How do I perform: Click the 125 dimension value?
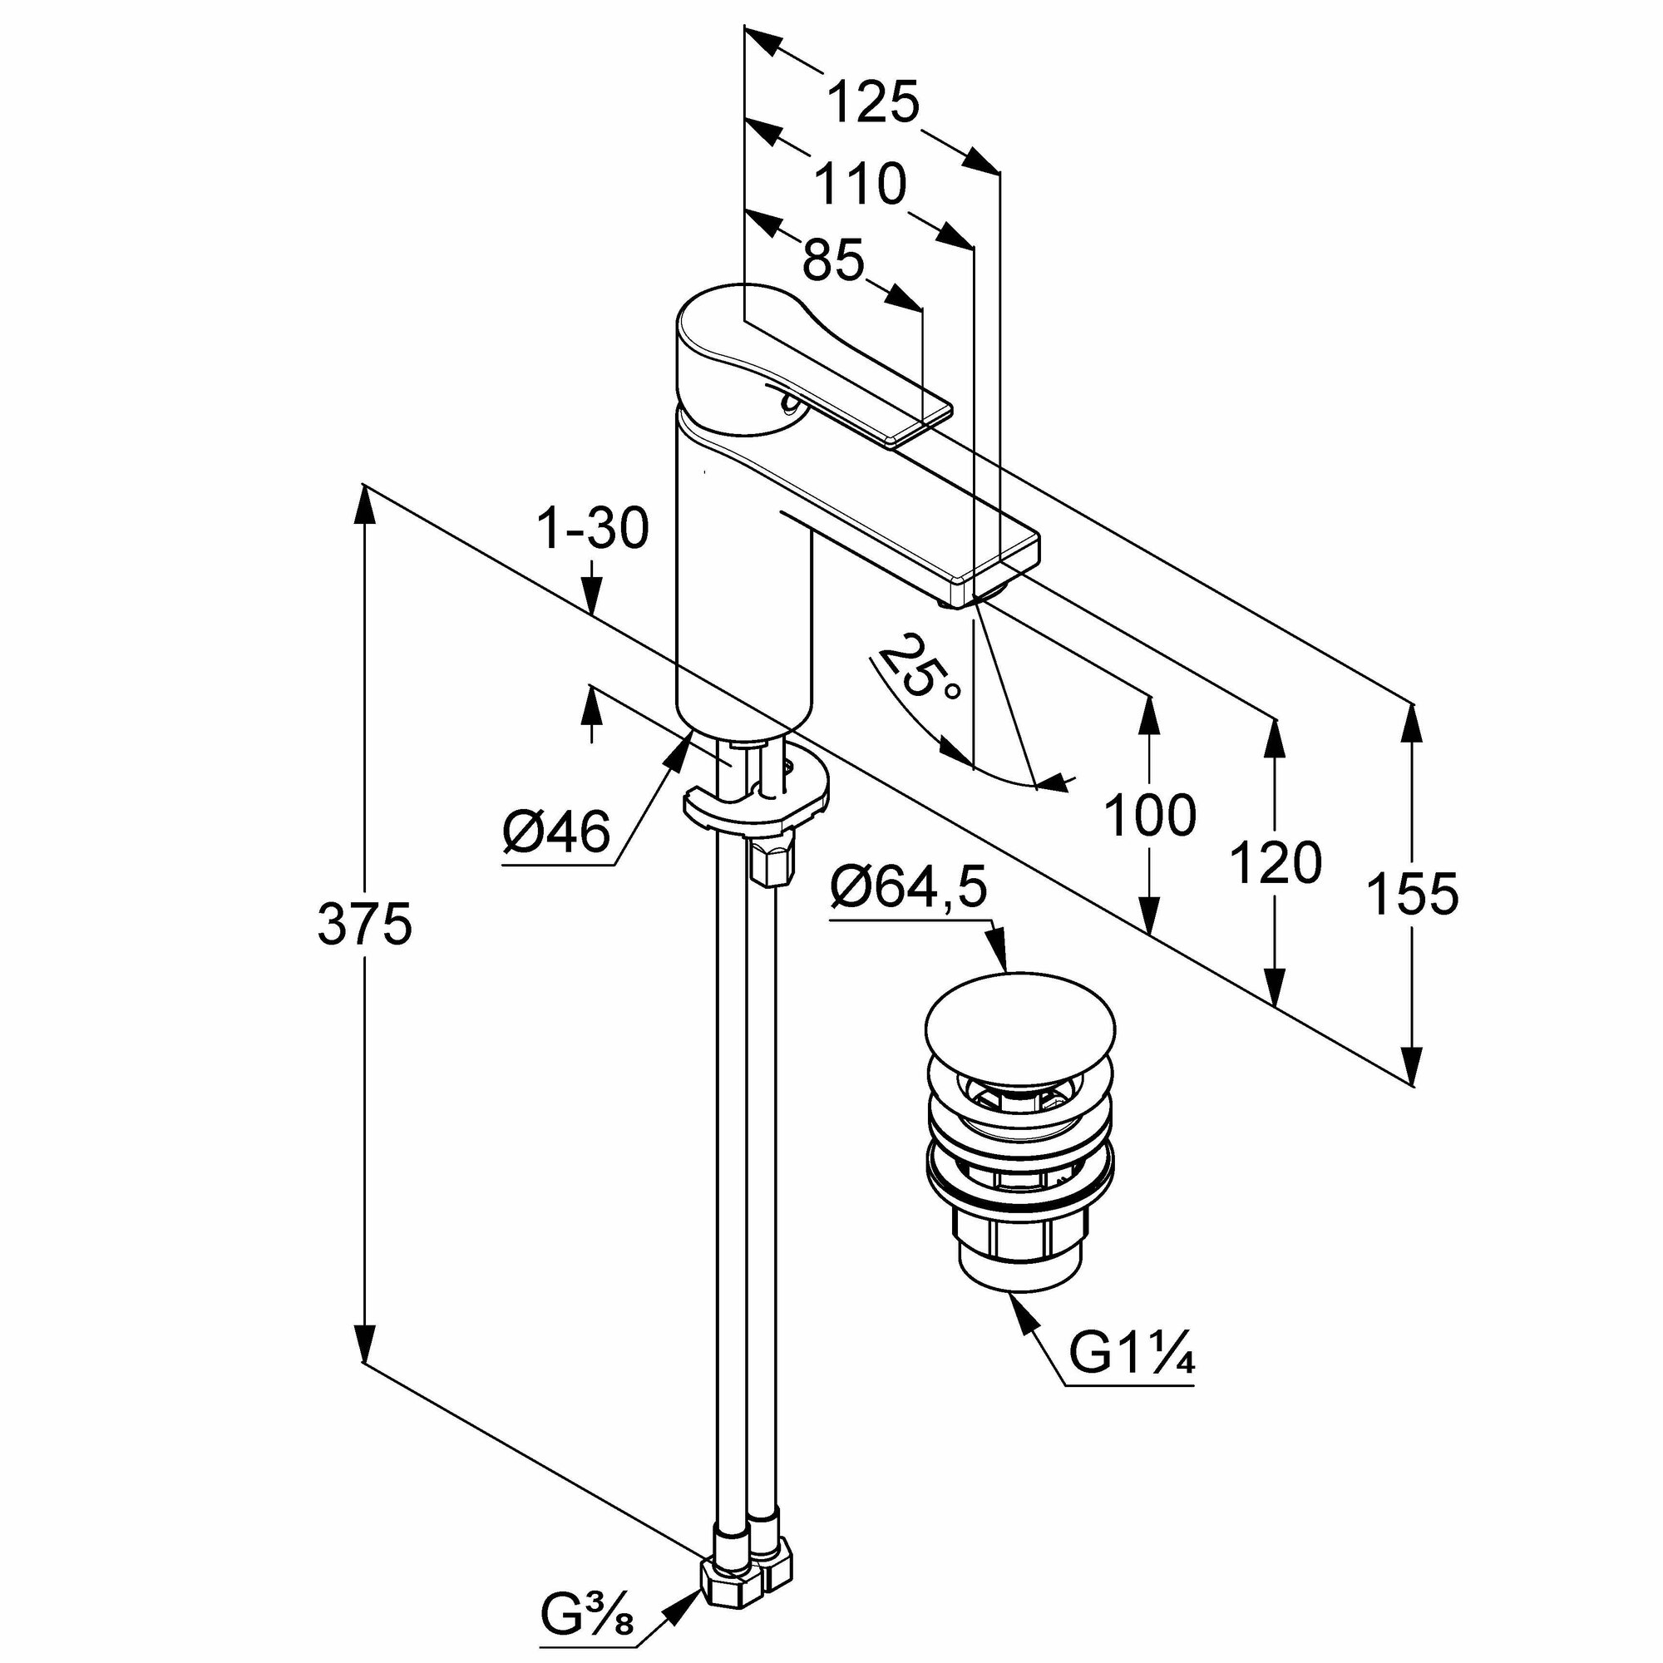pyautogui.click(x=873, y=102)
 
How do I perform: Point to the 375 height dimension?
pyautogui.click(x=365, y=925)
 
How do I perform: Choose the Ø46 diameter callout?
pyautogui.click(x=556, y=832)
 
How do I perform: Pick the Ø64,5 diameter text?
pyautogui.click(x=907, y=889)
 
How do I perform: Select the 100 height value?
pyautogui.click(x=1150, y=816)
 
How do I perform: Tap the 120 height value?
pyautogui.click(x=1275, y=863)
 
